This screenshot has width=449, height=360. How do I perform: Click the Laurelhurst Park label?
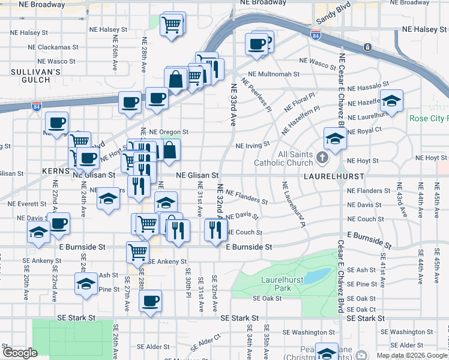point(280,283)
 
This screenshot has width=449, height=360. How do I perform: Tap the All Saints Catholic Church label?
point(283,158)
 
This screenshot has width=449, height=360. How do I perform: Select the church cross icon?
point(322,159)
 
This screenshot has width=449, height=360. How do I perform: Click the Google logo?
point(20,353)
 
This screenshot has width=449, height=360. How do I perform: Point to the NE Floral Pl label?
point(300,101)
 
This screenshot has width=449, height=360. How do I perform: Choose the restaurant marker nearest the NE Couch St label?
point(215,229)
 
